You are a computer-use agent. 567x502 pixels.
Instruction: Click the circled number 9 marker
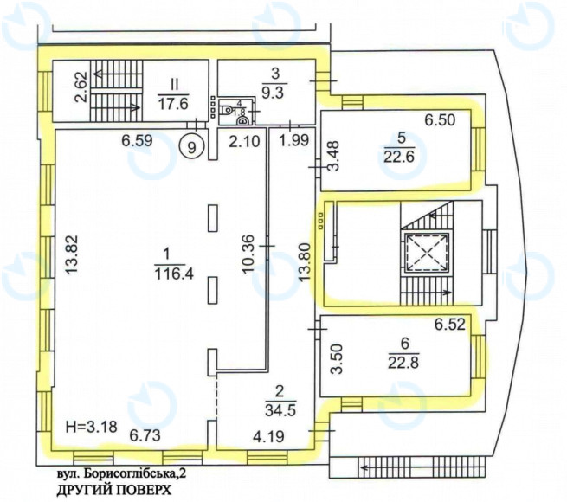tap(192, 147)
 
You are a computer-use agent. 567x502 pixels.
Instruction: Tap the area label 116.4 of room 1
tap(174, 274)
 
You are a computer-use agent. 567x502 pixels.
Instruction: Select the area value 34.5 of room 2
tap(280, 410)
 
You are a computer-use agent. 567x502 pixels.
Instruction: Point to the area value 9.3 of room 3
tap(274, 93)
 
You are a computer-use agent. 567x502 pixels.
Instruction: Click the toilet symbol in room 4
tap(228, 109)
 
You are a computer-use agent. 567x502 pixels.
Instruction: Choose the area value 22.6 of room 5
tap(399, 158)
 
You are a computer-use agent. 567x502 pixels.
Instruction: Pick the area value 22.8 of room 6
tap(403, 362)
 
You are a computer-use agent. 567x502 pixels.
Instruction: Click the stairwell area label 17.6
tap(174, 104)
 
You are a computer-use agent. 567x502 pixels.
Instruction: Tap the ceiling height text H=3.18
tap(92, 427)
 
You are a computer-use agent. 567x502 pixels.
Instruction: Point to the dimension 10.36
tap(248, 254)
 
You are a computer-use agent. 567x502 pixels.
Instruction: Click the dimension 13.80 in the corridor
tap(305, 262)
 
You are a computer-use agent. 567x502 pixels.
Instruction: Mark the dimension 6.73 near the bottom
tap(145, 435)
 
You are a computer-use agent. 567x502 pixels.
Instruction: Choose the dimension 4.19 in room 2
tap(268, 437)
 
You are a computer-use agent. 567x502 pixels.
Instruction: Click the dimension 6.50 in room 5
tap(440, 119)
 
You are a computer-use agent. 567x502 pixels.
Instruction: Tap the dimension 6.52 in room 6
tap(449, 325)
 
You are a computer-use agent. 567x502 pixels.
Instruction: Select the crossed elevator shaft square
tap(427, 254)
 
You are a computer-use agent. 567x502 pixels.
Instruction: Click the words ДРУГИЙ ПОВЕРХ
tap(113, 490)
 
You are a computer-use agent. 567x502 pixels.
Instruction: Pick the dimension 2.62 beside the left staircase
tap(81, 87)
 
